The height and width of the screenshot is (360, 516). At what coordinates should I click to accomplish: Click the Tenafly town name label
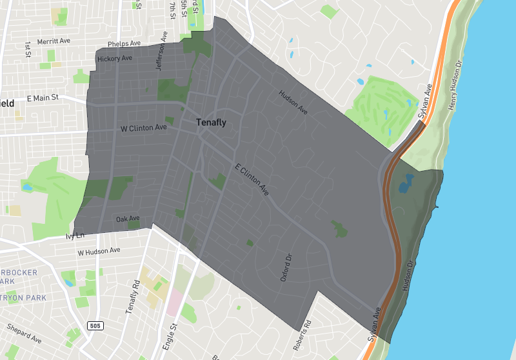coord(212,123)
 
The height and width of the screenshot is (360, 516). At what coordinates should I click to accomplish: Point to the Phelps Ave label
coord(124,43)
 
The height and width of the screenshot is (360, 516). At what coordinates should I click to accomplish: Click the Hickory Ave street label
coord(114,59)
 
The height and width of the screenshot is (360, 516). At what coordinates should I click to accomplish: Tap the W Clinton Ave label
coord(144,128)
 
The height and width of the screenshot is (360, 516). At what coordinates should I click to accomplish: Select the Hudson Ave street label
coord(293,103)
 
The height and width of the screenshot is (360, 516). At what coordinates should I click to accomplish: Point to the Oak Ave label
coord(128,219)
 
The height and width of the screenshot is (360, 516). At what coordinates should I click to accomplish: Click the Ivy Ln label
coord(75,236)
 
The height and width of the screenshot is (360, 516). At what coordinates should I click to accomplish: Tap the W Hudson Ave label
coord(99,250)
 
